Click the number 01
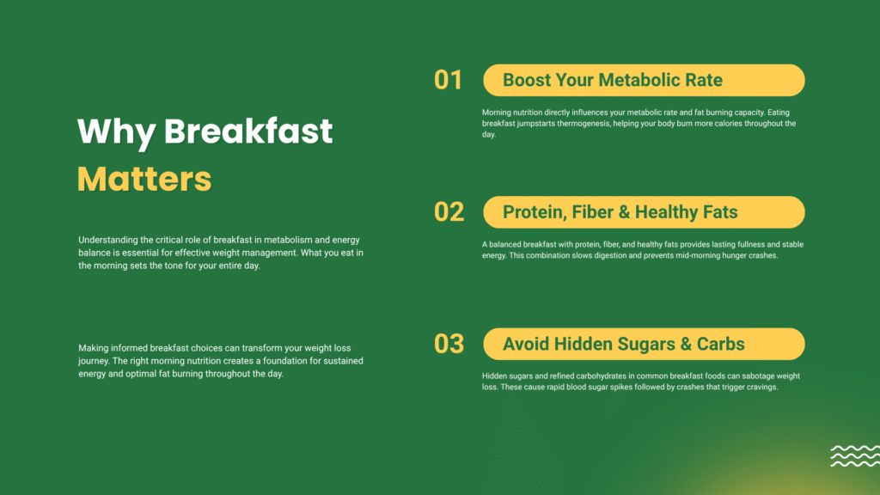448,80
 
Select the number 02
449,211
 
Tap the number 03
449,344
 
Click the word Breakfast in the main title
248,131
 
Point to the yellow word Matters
144,179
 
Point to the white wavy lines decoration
855,455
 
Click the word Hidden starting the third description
494,376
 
